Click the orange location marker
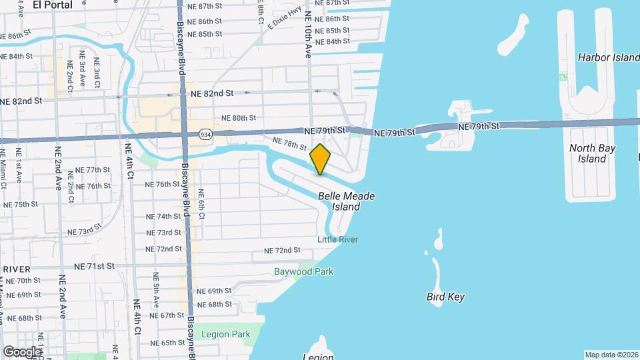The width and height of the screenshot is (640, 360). (x=320, y=159)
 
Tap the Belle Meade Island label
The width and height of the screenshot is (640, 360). (x=346, y=201)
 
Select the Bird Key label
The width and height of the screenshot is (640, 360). (x=445, y=297)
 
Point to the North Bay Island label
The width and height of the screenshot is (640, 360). (x=592, y=153)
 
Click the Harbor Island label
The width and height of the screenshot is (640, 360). (x=609, y=58)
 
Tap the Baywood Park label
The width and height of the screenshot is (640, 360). (x=303, y=271)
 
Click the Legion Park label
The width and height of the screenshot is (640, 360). (x=229, y=334)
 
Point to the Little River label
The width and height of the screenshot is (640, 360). (x=337, y=240)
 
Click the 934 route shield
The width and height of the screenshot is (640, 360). (x=204, y=133)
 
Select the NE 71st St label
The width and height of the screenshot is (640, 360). (x=94, y=265)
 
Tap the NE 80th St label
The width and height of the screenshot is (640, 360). (x=239, y=117)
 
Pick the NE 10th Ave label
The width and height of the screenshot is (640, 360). (x=308, y=33)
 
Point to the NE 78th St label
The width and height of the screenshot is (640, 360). (x=289, y=143)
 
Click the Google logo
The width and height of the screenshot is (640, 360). (x=21, y=351)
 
